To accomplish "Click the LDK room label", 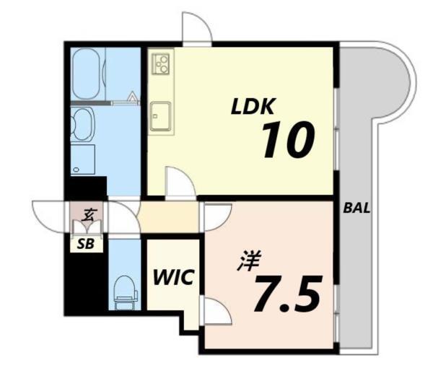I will click(x=253, y=107).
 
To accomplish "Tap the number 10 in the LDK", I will click(x=287, y=140).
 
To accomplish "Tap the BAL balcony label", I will click(x=357, y=209).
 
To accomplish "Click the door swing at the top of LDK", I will click(x=196, y=30).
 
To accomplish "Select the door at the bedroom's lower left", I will click(x=216, y=312).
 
